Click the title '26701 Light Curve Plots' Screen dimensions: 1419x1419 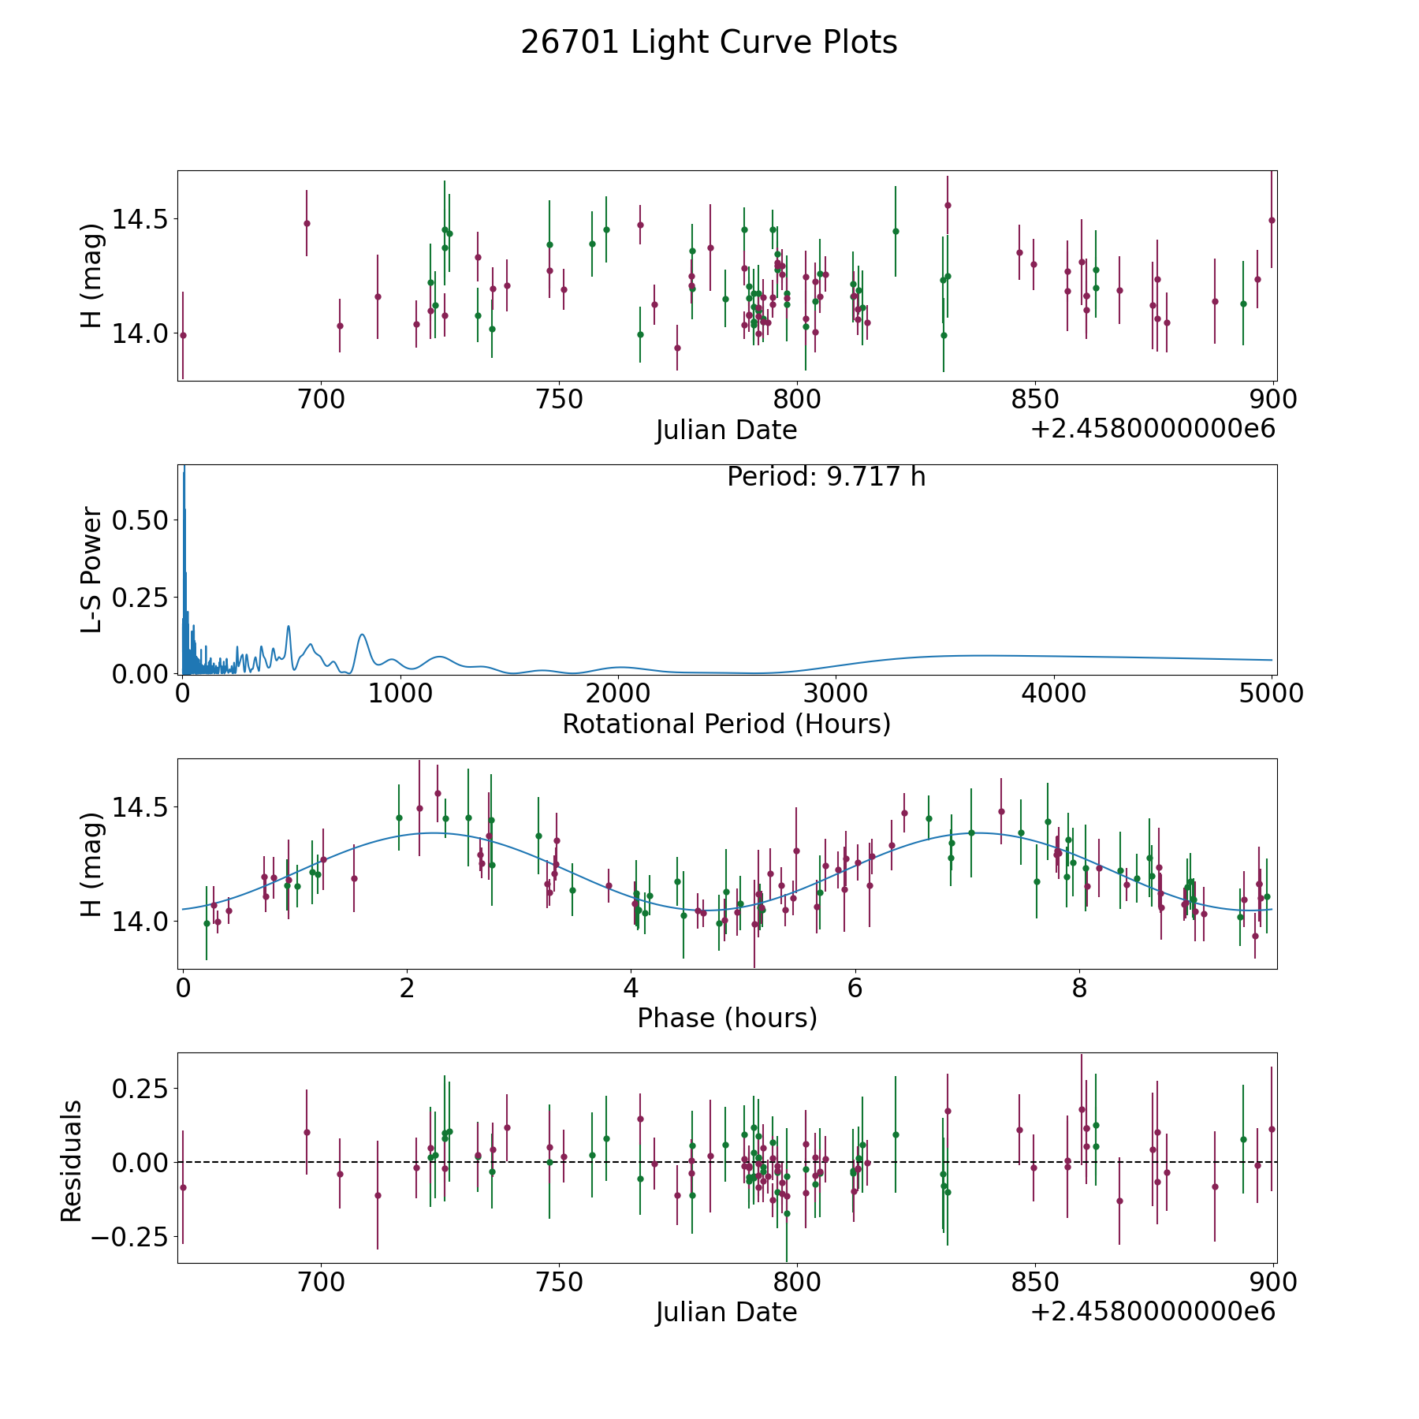(x=709, y=43)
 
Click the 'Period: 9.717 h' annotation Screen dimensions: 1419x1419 (x=826, y=477)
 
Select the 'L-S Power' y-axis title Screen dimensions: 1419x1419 (x=92, y=569)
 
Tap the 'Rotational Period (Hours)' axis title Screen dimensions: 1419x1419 (x=726, y=724)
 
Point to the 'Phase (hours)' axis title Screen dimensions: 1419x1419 (x=727, y=1018)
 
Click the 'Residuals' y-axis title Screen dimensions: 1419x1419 (x=72, y=1160)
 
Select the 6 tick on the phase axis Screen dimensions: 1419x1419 (x=855, y=988)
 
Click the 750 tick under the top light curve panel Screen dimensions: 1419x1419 (x=559, y=400)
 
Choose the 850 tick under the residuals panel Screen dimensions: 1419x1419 (x=1034, y=1283)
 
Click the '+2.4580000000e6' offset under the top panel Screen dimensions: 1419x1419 (x=1153, y=429)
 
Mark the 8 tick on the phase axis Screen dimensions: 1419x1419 (x=1079, y=988)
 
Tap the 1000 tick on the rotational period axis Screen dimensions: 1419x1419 (x=400, y=694)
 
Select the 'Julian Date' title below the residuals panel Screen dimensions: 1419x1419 (x=726, y=1312)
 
